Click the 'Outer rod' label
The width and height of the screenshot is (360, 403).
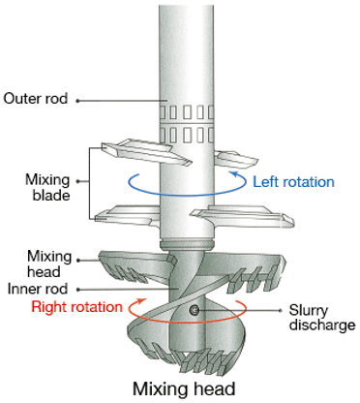(x=36, y=99)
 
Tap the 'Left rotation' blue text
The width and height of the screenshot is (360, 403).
(x=293, y=182)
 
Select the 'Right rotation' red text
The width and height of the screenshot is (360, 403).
(x=76, y=307)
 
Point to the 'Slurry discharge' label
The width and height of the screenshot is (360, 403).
(x=322, y=318)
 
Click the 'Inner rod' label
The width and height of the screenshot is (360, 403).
(x=38, y=289)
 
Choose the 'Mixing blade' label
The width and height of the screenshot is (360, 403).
(x=47, y=187)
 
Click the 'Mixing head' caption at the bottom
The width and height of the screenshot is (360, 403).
(x=184, y=388)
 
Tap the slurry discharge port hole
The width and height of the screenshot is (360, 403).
(x=194, y=310)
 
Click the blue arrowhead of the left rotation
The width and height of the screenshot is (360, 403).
(x=234, y=175)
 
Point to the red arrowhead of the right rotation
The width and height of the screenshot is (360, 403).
(x=141, y=301)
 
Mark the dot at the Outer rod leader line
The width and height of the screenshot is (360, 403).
(x=77, y=101)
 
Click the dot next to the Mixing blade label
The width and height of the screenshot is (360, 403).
(x=77, y=181)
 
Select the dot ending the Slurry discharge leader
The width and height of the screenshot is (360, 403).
(x=280, y=311)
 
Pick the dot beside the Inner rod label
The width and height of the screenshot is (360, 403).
(x=77, y=290)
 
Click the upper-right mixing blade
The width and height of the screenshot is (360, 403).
(x=236, y=158)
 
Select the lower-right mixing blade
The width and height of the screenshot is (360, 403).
(x=243, y=217)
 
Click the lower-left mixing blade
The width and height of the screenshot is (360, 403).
(x=128, y=216)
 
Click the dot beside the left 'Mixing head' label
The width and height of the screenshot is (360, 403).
(x=77, y=260)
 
